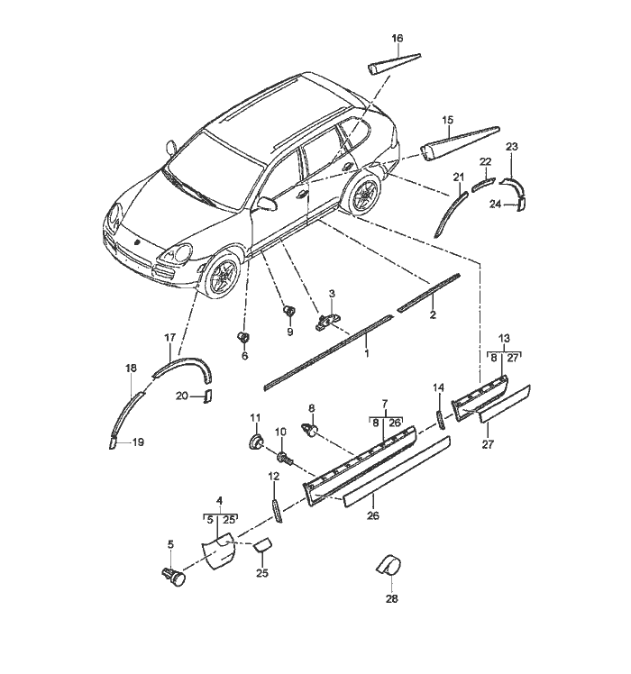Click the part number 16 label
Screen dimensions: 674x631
398,38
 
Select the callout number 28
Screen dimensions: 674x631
391,598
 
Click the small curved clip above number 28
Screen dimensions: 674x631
388,564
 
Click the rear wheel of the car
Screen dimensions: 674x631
364,196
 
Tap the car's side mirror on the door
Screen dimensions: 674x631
266,205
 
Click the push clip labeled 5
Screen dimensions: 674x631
174,575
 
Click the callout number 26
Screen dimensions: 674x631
373,515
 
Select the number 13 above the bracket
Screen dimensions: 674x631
504,337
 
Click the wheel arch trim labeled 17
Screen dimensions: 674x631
180,368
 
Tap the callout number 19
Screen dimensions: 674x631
138,442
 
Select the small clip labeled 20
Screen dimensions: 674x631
206,396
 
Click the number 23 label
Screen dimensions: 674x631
512,146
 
